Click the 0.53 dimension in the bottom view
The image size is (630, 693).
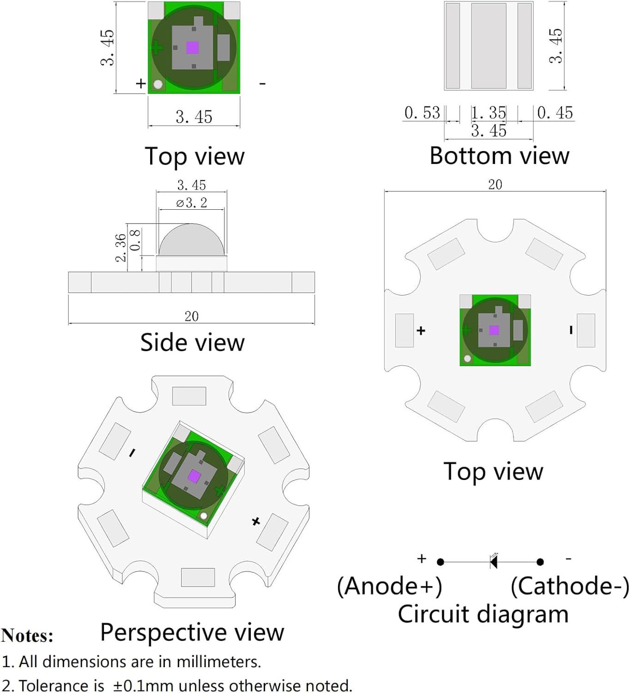(422, 113)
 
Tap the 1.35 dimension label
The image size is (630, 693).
(488, 113)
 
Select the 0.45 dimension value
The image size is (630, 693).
(555, 113)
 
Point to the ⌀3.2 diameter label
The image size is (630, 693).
(192, 202)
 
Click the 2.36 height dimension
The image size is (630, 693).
(121, 248)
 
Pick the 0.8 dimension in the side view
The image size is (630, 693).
(135, 240)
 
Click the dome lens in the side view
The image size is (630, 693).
(191, 239)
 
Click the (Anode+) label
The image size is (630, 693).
(390, 586)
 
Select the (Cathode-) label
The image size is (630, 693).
(570, 586)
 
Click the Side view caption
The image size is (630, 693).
(193, 342)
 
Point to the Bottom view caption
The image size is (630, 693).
(499, 156)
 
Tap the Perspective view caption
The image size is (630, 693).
(192, 632)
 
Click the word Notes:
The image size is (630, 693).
(27, 635)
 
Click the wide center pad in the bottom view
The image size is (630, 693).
(488, 46)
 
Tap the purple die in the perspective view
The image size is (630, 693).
(194, 476)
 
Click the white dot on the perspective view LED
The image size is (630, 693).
(204, 516)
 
